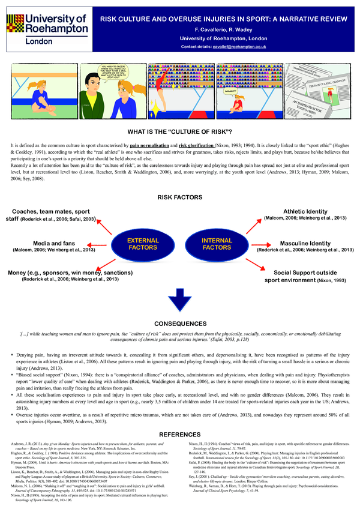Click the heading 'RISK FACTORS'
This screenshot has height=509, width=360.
(179, 196)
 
